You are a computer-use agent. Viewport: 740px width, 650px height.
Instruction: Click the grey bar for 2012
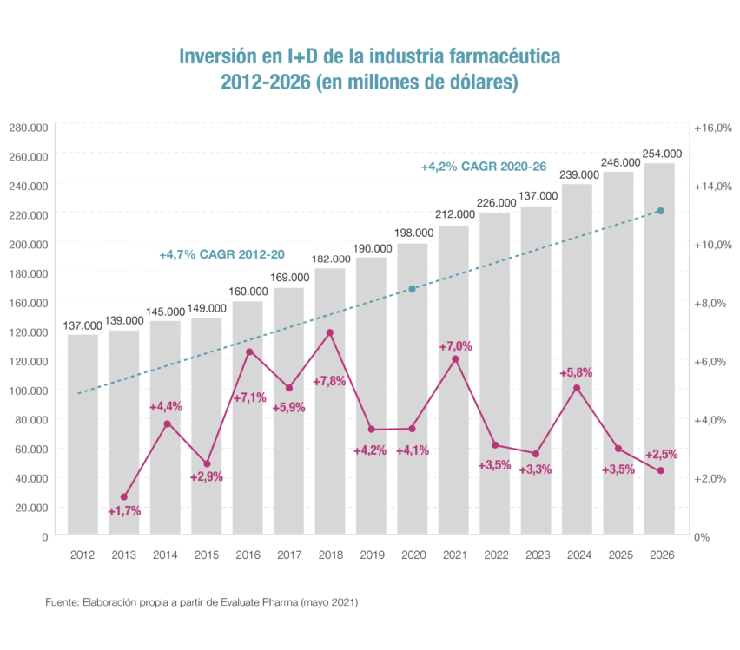click(83, 434)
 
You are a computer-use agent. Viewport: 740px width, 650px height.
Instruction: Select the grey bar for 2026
click(659, 347)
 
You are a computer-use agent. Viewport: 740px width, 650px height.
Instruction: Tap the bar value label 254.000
click(662, 154)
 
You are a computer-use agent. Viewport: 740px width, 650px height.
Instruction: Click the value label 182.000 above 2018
click(331, 259)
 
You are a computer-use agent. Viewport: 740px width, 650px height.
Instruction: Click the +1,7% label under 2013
click(124, 511)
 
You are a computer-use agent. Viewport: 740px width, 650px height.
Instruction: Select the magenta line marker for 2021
click(454, 358)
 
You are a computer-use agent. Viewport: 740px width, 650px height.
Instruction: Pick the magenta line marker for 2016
click(248, 351)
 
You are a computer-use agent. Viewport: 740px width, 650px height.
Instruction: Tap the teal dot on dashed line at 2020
click(413, 289)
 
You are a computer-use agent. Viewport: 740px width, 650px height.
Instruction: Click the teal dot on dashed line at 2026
click(660, 211)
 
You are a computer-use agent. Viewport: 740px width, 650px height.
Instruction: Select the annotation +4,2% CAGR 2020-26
click(483, 166)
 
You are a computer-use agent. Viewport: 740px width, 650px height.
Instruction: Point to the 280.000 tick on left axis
click(28, 128)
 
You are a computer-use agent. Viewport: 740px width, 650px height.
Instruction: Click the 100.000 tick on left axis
click(28, 390)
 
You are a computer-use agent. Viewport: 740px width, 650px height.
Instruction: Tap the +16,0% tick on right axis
click(713, 128)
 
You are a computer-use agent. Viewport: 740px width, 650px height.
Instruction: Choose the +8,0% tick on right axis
click(713, 303)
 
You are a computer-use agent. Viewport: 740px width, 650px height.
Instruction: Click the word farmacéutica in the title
click(499, 57)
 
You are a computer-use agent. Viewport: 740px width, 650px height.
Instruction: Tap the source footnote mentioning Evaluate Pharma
click(202, 601)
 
